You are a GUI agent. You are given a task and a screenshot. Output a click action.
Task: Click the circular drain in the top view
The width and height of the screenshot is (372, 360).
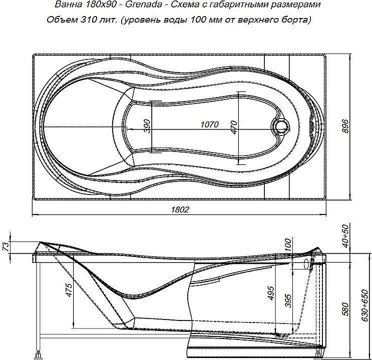point(281,126)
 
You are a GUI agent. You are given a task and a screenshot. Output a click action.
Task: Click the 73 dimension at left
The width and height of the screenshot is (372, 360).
point(5,247)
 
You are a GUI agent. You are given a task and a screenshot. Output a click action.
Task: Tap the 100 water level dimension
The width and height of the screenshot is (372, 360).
point(287,244)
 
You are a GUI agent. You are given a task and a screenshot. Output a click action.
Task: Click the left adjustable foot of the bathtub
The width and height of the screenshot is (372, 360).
point(38,353)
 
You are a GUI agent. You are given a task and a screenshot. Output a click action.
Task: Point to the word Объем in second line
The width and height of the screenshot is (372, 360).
point(60,20)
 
